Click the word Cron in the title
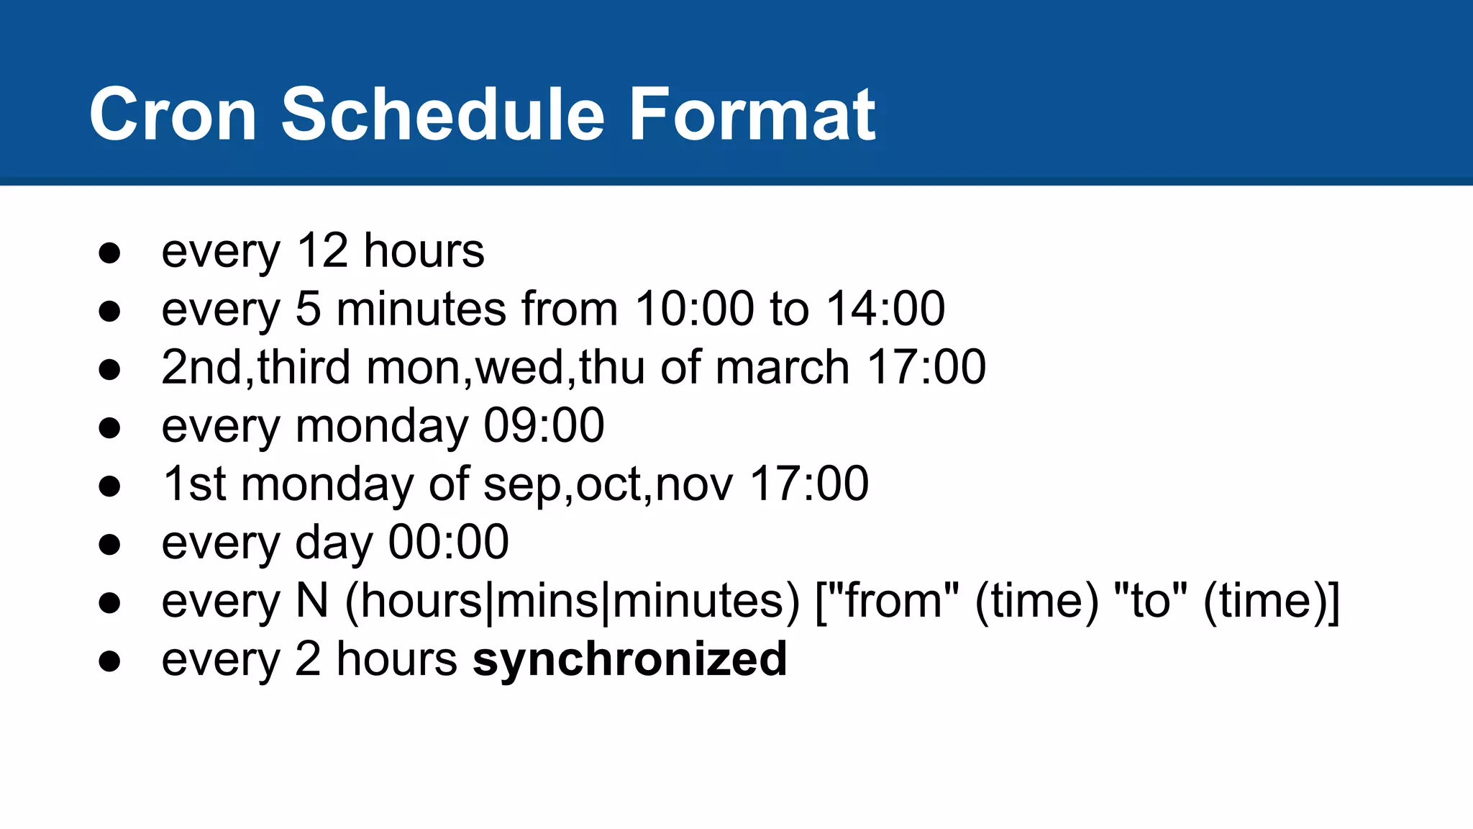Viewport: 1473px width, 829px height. [173, 115]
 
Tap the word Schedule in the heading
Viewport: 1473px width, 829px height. [443, 115]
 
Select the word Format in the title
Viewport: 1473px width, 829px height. [752, 115]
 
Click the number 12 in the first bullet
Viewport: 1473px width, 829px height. [322, 251]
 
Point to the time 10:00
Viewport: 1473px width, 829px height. [695, 309]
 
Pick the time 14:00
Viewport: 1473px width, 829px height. [885, 309]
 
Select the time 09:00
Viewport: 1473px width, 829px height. [544, 426]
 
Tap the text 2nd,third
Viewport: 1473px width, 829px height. [256, 368]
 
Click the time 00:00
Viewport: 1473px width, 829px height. [449, 543]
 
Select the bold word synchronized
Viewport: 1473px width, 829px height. [630, 660]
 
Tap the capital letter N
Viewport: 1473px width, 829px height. [312, 601]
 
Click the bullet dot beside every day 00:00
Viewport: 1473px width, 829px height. [109, 545]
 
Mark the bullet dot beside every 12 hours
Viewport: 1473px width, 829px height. [109, 253]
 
